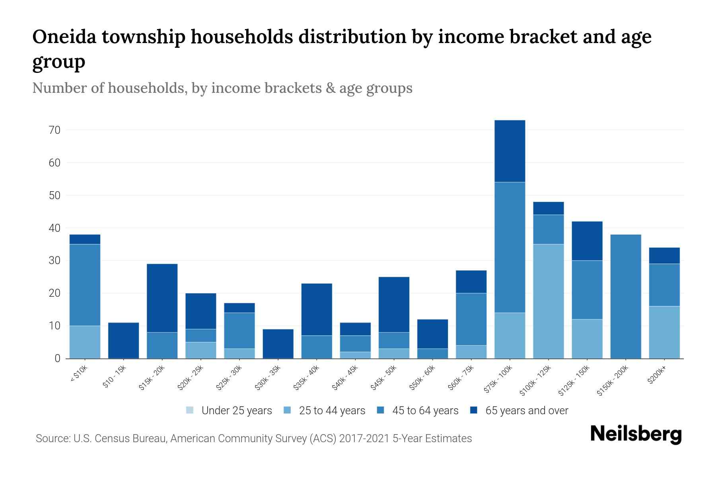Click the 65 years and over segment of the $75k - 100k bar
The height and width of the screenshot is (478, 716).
(510, 151)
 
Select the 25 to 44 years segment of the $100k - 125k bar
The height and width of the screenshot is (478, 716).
(548, 301)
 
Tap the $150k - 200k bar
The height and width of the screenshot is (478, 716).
(626, 296)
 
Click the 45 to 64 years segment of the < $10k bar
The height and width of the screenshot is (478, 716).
(85, 285)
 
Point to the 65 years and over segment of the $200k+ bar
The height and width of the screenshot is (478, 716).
(664, 255)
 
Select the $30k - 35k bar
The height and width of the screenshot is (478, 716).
(278, 343)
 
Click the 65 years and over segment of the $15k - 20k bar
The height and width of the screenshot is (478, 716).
(162, 298)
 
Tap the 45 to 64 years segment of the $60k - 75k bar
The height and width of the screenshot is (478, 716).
(471, 319)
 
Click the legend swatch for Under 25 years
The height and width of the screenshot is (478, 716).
(190, 410)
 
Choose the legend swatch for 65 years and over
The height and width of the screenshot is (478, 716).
(474, 410)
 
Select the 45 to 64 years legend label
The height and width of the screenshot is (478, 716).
(425, 410)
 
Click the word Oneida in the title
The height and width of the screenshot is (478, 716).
(63, 37)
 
